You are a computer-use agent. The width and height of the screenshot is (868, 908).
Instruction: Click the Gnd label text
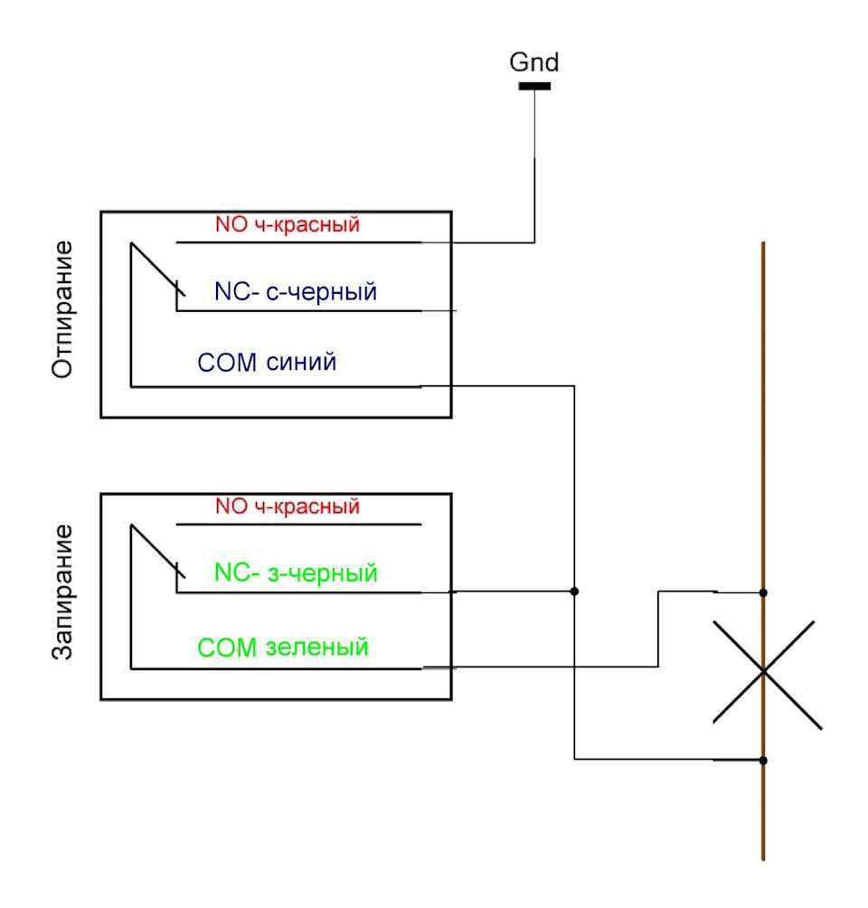[x=534, y=62]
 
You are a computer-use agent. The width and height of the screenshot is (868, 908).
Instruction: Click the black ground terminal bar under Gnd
[x=534, y=86]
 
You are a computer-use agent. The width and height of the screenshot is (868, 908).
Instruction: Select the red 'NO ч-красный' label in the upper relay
[x=288, y=224]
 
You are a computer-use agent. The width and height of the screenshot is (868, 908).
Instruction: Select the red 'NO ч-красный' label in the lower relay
[x=288, y=506]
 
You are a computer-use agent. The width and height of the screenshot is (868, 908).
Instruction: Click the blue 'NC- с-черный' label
[x=296, y=292]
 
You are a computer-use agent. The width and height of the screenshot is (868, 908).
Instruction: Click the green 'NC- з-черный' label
[x=296, y=572]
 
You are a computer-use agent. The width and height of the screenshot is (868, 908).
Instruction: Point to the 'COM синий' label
[x=267, y=364]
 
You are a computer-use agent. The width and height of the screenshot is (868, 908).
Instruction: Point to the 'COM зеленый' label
[x=283, y=648]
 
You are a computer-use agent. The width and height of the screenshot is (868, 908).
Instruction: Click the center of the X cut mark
[x=764, y=670]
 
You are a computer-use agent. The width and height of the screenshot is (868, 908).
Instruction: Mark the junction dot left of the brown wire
[x=574, y=591]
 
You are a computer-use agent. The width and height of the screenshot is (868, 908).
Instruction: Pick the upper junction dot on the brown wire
[x=764, y=592]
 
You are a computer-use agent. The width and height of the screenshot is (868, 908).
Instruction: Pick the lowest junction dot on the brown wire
[x=764, y=761]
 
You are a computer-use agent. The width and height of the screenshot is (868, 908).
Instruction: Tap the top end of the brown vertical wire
[x=764, y=244]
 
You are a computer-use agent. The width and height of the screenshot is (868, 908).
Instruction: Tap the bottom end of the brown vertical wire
[x=764, y=858]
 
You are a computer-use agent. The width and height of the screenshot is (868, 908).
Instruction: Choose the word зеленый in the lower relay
[x=318, y=648]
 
